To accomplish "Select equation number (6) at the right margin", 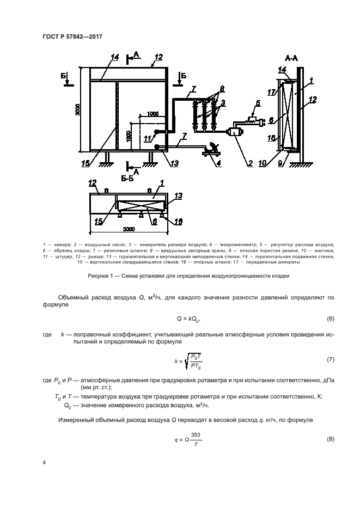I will pos(330,318).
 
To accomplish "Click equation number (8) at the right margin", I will pos(330,438).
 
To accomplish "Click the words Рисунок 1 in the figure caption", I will pos(100,276).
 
